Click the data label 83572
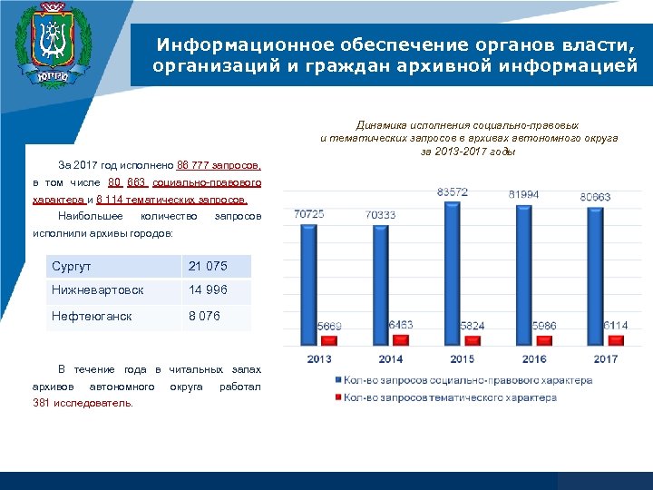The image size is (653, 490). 453,192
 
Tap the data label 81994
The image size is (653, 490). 523,195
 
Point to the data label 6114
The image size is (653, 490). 615,325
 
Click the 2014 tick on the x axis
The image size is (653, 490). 391,358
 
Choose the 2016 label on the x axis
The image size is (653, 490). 534,358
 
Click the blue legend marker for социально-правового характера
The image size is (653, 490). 337,380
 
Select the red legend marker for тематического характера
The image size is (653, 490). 337,397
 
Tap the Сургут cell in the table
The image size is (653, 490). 112,267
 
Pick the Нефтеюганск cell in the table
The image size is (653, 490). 112,317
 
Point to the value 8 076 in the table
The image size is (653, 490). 203,317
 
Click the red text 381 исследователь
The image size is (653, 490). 83,404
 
